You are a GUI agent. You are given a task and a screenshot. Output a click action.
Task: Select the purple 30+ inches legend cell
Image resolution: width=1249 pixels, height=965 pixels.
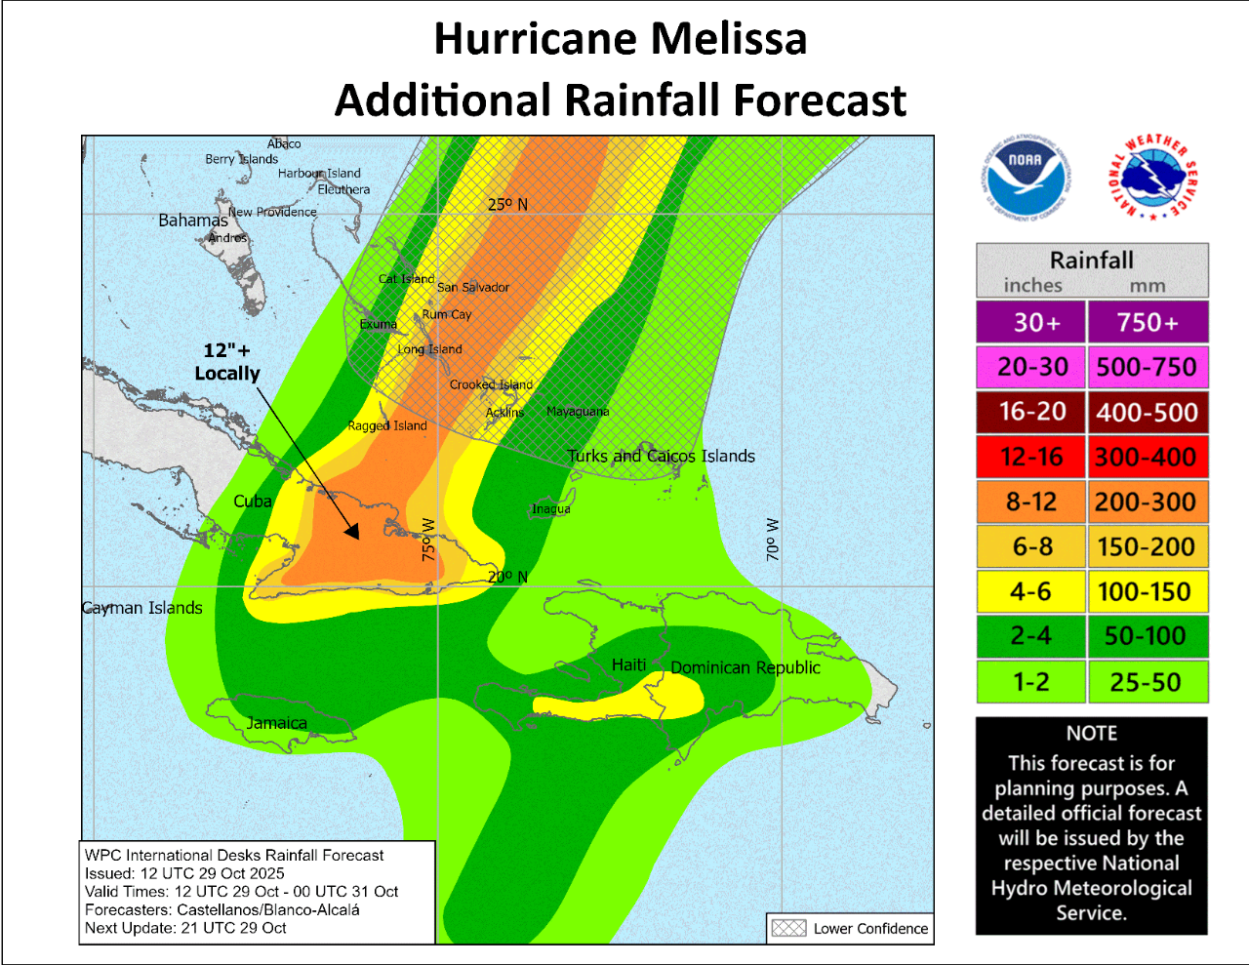1031,322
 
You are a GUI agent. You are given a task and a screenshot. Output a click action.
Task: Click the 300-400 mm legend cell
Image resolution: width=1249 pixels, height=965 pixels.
1147,457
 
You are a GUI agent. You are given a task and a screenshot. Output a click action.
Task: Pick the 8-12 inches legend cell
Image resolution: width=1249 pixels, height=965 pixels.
1031,502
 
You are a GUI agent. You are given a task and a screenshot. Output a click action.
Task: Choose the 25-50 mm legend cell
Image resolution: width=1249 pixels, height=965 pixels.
1147,682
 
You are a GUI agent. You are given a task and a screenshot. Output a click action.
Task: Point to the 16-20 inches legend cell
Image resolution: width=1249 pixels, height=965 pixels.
1031,412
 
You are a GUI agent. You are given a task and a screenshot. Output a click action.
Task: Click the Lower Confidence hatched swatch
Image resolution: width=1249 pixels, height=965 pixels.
788,928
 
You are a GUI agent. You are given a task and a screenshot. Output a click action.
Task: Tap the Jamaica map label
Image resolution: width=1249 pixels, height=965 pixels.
277,723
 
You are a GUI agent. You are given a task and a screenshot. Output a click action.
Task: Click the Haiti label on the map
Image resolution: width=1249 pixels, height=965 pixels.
628,664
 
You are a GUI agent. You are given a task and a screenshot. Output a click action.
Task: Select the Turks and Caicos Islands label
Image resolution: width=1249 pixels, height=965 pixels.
662,456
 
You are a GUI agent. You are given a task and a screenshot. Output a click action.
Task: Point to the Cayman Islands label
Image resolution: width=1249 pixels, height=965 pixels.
142,608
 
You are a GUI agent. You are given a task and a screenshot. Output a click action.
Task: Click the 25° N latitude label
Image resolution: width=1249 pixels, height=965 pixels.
507,204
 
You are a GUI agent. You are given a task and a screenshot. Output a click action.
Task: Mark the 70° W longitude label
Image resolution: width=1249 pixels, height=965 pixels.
773,539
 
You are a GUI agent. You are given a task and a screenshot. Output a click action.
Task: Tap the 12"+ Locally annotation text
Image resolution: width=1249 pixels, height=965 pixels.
227,362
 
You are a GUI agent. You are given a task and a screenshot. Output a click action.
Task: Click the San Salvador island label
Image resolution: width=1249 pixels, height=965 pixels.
473,287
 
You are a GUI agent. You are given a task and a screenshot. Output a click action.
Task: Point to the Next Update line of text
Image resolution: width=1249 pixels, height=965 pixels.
185,928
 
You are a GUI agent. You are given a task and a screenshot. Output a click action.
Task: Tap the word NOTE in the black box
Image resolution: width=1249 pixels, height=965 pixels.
1091,733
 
